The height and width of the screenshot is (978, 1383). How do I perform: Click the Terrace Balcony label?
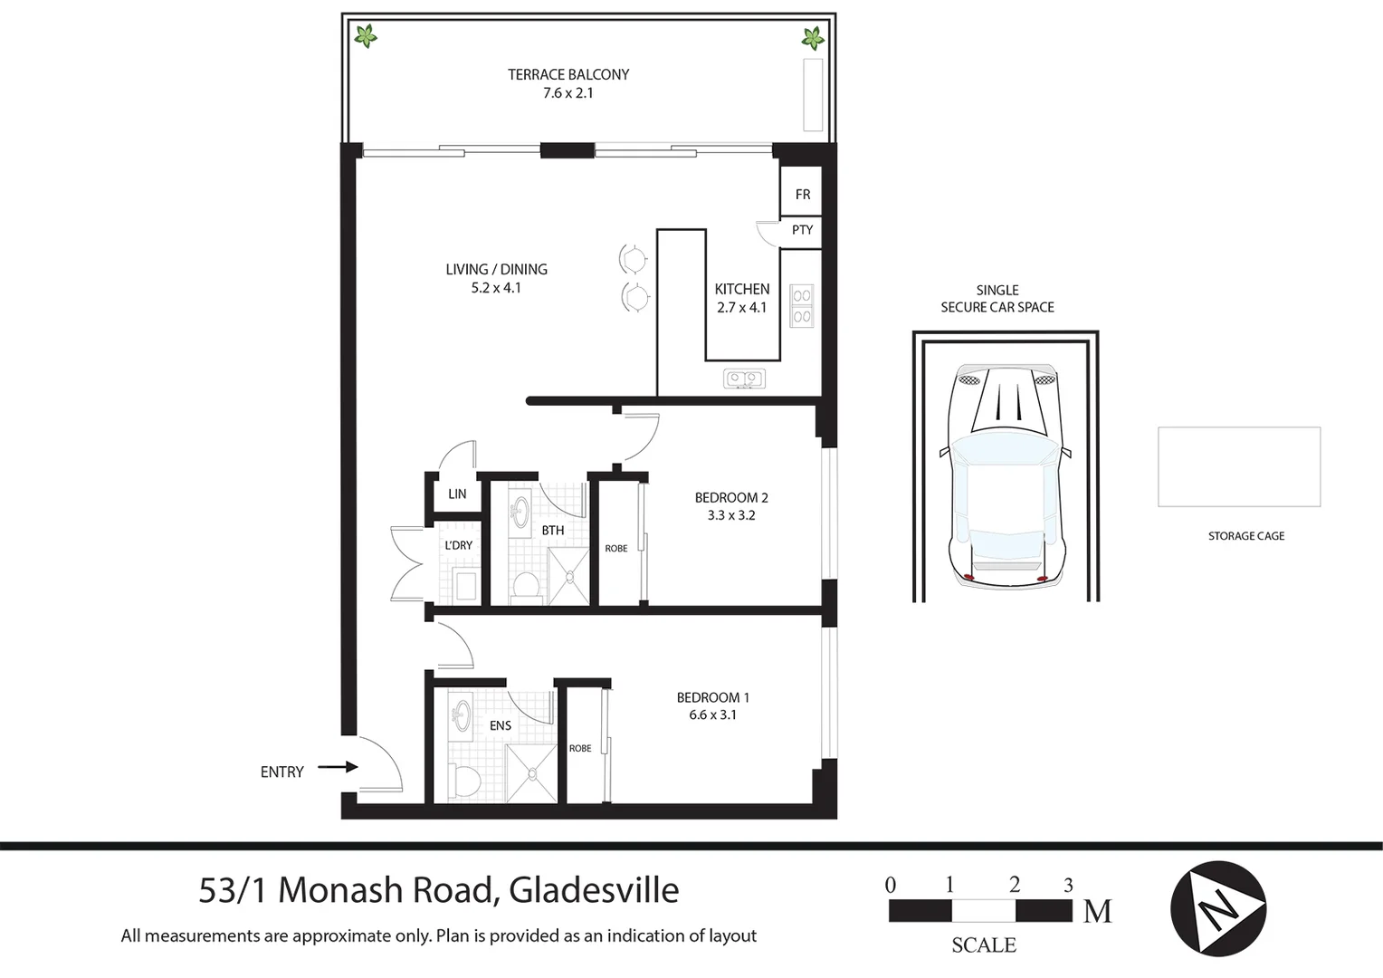coord(568,75)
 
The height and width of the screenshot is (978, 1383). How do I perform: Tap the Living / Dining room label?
coord(496,270)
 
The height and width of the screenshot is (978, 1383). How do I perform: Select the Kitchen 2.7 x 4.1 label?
coord(741,298)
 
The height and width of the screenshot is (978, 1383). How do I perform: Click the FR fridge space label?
coord(802,195)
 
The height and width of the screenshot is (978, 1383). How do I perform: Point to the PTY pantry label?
coord(802,230)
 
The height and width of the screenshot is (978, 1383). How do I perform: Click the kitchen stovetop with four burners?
coord(801,305)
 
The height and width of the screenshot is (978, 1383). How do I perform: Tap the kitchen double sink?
coord(744,379)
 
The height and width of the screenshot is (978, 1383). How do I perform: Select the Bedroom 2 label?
coord(730,498)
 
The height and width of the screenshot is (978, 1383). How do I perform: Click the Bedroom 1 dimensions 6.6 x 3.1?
coord(712,715)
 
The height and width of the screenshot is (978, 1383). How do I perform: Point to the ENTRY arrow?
coord(338,767)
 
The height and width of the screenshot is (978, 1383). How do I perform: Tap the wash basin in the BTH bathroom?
coord(520,512)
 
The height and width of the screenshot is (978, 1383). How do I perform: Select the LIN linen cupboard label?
coord(457,494)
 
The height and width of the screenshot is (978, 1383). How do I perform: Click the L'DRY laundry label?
coord(458,545)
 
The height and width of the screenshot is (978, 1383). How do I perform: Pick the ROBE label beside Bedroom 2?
coord(615,549)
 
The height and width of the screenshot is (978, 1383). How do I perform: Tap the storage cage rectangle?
coord(1238,467)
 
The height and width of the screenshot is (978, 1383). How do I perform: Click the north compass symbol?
coord(1217,908)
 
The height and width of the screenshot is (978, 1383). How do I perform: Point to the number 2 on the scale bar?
coord(1014,885)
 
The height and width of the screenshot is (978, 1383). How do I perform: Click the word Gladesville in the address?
coord(594,891)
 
